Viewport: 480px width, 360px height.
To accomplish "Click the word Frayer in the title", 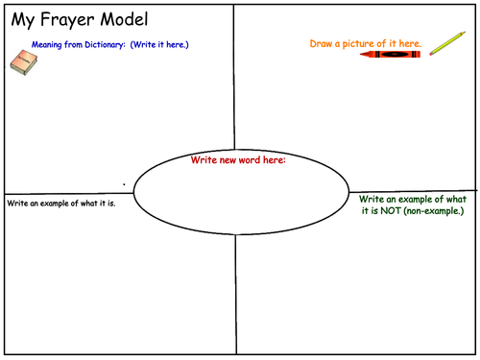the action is point(66,20).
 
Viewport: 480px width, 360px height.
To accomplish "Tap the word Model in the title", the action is point(124,19).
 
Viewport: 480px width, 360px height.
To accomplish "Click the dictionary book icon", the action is point(24,62).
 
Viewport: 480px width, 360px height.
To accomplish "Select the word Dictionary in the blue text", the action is point(105,44).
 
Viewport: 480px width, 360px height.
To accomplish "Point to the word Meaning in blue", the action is point(46,45).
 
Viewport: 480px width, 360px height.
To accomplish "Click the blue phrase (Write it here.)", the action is point(159,44).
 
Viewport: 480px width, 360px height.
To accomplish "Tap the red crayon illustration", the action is point(390,55).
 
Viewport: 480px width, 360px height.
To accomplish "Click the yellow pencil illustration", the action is point(447,43).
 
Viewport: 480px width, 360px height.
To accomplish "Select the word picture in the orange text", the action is point(358,44).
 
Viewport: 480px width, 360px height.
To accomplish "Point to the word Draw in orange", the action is point(321,43).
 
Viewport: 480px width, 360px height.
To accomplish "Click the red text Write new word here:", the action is point(238,159).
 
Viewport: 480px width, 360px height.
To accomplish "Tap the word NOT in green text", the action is point(391,211).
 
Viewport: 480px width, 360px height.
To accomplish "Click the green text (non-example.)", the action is point(434,211).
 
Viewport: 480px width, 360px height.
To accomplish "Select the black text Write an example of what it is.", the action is point(61,204).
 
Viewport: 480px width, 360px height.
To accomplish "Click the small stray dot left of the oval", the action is point(124,184).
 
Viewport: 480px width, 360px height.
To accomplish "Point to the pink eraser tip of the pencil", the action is point(431,54).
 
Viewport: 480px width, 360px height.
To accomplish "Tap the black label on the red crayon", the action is point(395,55).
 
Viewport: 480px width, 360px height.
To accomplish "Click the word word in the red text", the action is point(250,159).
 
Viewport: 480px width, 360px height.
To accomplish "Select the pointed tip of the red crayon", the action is point(361,55).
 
